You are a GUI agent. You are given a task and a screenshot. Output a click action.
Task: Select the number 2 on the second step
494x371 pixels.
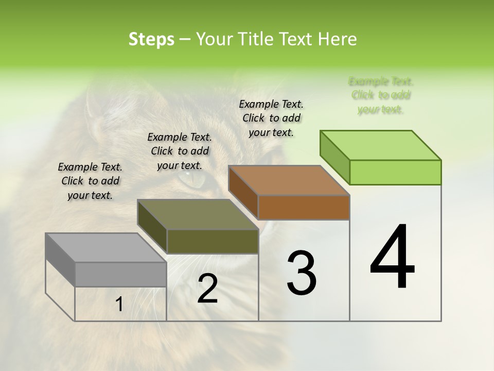(207, 289)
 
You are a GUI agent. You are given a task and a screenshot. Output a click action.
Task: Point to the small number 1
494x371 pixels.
(119, 305)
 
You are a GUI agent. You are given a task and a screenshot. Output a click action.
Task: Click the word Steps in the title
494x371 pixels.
(151, 39)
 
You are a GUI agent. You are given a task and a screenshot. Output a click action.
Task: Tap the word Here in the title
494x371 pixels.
(338, 39)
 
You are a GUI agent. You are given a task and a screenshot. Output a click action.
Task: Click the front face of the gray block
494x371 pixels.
(121, 274)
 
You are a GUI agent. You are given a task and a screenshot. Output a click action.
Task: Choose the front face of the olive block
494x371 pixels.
(213, 241)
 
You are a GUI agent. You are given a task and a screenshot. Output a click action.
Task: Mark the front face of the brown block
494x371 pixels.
(304, 207)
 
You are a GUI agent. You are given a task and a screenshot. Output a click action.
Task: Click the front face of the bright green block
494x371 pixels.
(395, 172)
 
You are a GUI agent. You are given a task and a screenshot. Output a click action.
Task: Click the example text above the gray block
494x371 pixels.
(90, 181)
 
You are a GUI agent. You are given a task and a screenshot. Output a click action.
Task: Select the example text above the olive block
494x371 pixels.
(180, 151)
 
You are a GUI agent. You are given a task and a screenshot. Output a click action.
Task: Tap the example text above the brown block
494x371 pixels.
(271, 118)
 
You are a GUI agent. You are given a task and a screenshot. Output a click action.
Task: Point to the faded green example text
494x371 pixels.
(381, 95)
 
